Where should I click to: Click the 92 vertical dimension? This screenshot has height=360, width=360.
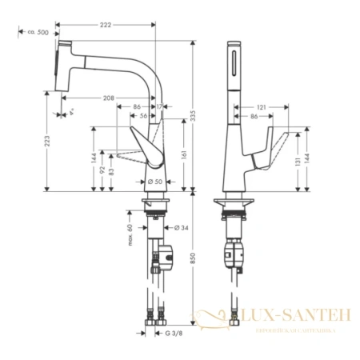(102, 170)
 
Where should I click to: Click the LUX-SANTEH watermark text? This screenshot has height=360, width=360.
(309, 318)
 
